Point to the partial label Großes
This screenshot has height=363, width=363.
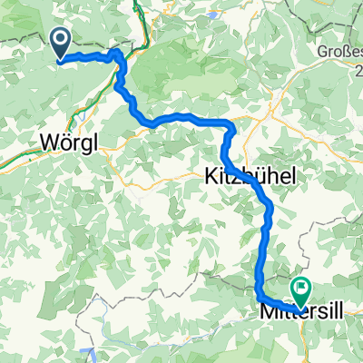341,53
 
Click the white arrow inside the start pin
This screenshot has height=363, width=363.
61,41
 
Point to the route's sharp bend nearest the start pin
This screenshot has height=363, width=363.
119,54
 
